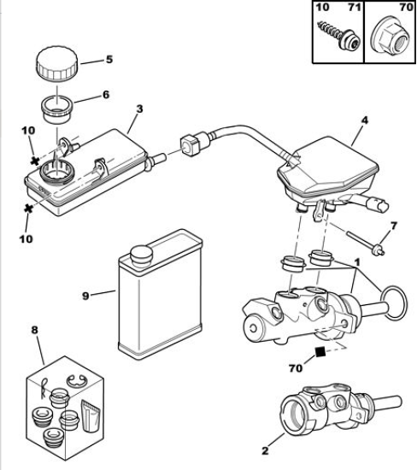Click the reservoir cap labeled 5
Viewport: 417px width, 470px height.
[x=57, y=63]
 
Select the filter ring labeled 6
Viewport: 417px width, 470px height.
[x=57, y=109]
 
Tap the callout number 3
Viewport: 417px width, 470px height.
[x=139, y=109]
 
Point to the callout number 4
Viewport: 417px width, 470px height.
[x=364, y=120]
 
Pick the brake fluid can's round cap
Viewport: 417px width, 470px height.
[x=142, y=256]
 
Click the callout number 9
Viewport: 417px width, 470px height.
[x=85, y=297]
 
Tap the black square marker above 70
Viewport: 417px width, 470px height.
[x=320, y=351]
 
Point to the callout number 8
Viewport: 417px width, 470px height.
[x=35, y=330]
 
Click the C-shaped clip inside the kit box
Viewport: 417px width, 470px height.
[x=77, y=380]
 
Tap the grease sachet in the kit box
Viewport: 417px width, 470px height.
[x=91, y=417]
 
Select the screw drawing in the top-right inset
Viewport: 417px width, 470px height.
[x=338, y=34]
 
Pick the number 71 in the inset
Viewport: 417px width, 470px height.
[x=354, y=7]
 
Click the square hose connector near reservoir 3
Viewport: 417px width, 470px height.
[x=190, y=145]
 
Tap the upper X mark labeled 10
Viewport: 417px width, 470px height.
[x=35, y=161]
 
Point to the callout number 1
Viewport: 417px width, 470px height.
[x=356, y=263]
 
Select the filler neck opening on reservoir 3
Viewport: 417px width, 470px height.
[x=56, y=172]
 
